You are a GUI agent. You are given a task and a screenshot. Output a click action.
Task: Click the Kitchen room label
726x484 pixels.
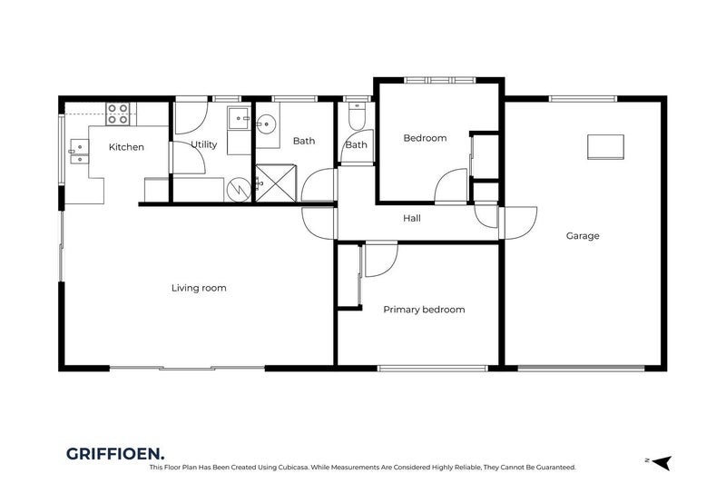(126, 146)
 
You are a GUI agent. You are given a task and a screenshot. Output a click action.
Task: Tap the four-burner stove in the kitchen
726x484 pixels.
(118, 113)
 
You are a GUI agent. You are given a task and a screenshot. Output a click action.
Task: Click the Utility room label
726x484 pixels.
(203, 144)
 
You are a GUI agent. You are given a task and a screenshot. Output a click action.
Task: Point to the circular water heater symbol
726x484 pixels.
(237, 189)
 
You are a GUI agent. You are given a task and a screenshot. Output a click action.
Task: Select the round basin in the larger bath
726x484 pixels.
(267, 126)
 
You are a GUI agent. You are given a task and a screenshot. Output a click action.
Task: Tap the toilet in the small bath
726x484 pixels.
(356, 120)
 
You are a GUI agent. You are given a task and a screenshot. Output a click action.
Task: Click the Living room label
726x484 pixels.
(198, 288)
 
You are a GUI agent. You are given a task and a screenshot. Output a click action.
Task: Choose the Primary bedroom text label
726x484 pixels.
(424, 310)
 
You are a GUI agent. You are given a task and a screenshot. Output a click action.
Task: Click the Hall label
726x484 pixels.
(412, 218)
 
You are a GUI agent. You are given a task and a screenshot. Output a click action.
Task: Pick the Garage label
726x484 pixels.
(583, 236)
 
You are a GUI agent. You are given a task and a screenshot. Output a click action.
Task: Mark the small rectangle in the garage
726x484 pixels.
(605, 145)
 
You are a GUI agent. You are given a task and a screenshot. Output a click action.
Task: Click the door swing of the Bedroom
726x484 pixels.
(451, 187)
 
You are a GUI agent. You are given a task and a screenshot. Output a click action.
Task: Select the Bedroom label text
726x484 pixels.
(425, 138)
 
